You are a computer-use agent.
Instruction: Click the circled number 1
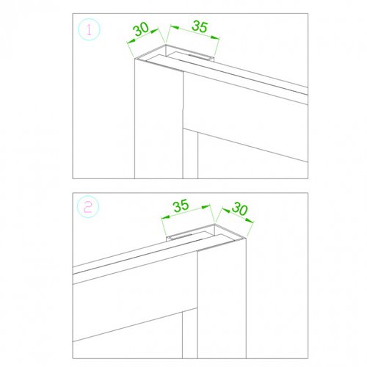coord(89,29)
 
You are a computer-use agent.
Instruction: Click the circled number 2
coord(88,208)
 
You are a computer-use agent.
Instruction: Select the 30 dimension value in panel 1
coord(141,29)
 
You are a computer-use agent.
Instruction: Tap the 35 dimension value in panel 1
coord(200,26)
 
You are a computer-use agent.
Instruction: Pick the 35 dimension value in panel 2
coord(181,206)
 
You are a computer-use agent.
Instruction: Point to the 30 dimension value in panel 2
coord(240,209)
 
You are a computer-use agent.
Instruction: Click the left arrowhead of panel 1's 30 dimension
coord(131,42)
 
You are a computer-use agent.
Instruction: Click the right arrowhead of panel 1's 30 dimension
coord(154,32)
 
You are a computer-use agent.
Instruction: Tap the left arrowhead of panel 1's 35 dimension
coord(175,27)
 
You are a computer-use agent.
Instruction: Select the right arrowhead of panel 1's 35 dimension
coord(215,37)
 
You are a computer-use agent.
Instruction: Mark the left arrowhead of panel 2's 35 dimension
coord(166,217)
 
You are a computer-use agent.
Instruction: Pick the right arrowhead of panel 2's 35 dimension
coord(206,207)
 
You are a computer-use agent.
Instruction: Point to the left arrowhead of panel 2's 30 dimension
coord(226,211)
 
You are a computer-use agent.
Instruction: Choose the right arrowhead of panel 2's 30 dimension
coord(249,221)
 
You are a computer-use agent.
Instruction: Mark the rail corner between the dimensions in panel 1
coord(166,45)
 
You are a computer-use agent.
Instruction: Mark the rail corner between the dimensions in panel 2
coord(214,224)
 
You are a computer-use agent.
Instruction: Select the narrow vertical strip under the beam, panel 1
coord(190,154)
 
